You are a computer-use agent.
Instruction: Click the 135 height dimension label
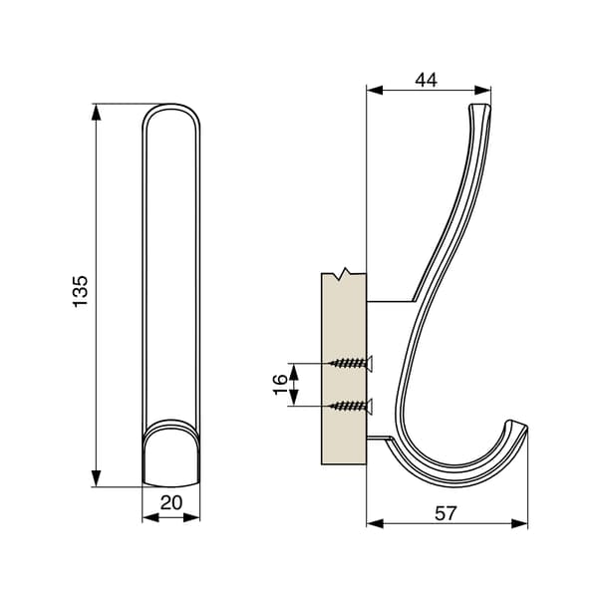click(x=81, y=291)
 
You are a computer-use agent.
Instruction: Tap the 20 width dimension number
click(x=171, y=503)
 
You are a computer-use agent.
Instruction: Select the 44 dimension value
click(x=426, y=80)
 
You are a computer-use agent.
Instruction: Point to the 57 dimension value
click(x=446, y=513)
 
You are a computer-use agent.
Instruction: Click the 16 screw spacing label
click(x=280, y=385)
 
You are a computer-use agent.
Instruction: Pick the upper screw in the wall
click(x=351, y=364)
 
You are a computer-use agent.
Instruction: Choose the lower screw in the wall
click(x=351, y=407)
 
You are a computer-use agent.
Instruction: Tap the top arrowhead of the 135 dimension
click(x=96, y=112)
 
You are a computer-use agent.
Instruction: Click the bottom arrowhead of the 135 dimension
click(x=96, y=478)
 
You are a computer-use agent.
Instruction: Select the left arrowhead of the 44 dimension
click(x=375, y=91)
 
